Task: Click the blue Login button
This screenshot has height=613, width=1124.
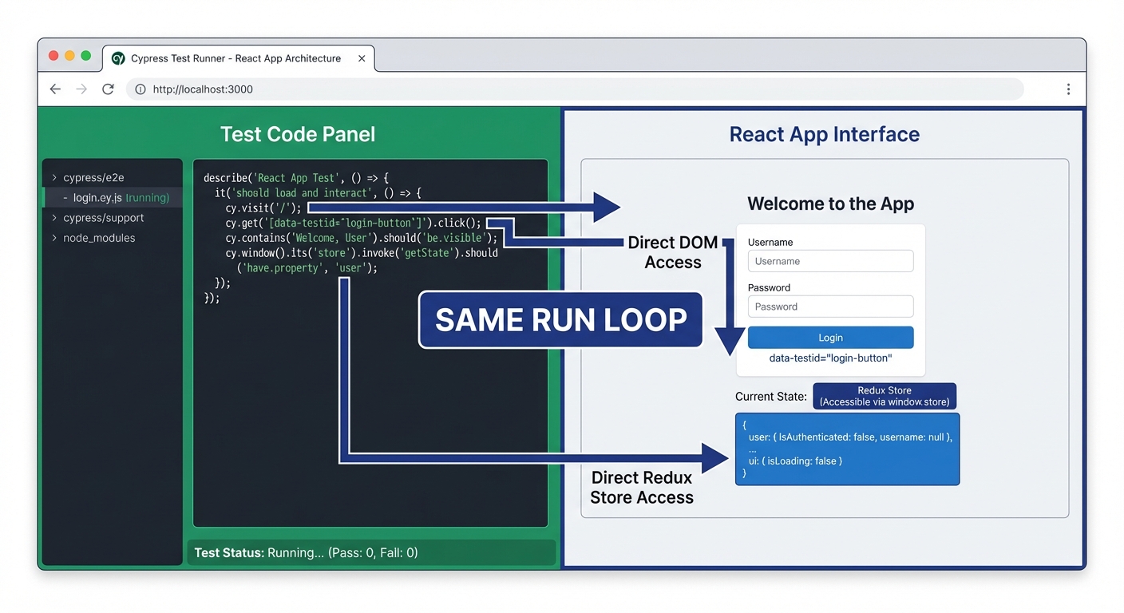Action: pyautogui.click(x=830, y=338)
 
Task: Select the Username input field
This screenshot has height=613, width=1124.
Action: pyautogui.click(x=830, y=261)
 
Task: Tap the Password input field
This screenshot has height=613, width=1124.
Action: pyautogui.click(x=830, y=306)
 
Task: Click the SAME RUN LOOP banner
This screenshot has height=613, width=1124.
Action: pyautogui.click(x=560, y=320)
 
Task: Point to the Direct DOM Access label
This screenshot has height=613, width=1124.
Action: pyautogui.click(x=672, y=252)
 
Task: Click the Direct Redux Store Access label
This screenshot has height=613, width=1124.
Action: pyautogui.click(x=641, y=488)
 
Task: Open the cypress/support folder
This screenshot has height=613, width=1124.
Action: pyautogui.click(x=103, y=218)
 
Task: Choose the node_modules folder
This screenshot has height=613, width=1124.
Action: pyautogui.click(x=98, y=238)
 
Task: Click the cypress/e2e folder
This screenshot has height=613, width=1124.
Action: pyautogui.click(x=93, y=177)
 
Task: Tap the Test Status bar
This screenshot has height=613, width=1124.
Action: pyautogui.click(x=371, y=552)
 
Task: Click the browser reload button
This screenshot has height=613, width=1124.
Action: pyautogui.click(x=108, y=89)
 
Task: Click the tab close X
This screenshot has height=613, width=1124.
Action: pyautogui.click(x=362, y=58)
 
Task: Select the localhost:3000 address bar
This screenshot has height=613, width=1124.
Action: pyautogui.click(x=575, y=89)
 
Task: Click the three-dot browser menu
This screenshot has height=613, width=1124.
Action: pyautogui.click(x=1068, y=89)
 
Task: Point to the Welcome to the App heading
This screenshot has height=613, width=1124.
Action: pyautogui.click(x=830, y=204)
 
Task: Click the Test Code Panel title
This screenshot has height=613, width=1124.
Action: pyautogui.click(x=298, y=134)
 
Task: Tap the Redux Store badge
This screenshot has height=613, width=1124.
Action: pyautogui.click(x=884, y=396)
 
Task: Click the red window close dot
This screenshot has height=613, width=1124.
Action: pyautogui.click(x=53, y=56)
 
